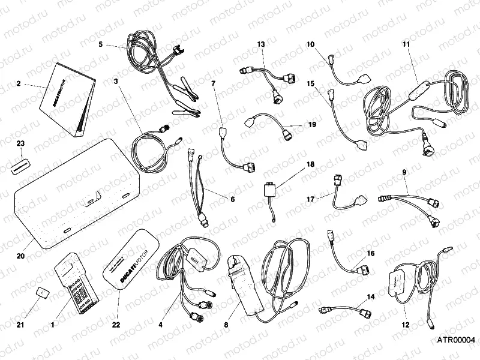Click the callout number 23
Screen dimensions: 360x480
coord(21,143)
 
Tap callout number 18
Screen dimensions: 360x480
coord(311,164)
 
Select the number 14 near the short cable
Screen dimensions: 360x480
coord(370,297)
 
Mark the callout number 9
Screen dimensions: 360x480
coord(404,172)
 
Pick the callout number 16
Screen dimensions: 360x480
coord(370,254)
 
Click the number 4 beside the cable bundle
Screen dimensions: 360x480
coord(160,325)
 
